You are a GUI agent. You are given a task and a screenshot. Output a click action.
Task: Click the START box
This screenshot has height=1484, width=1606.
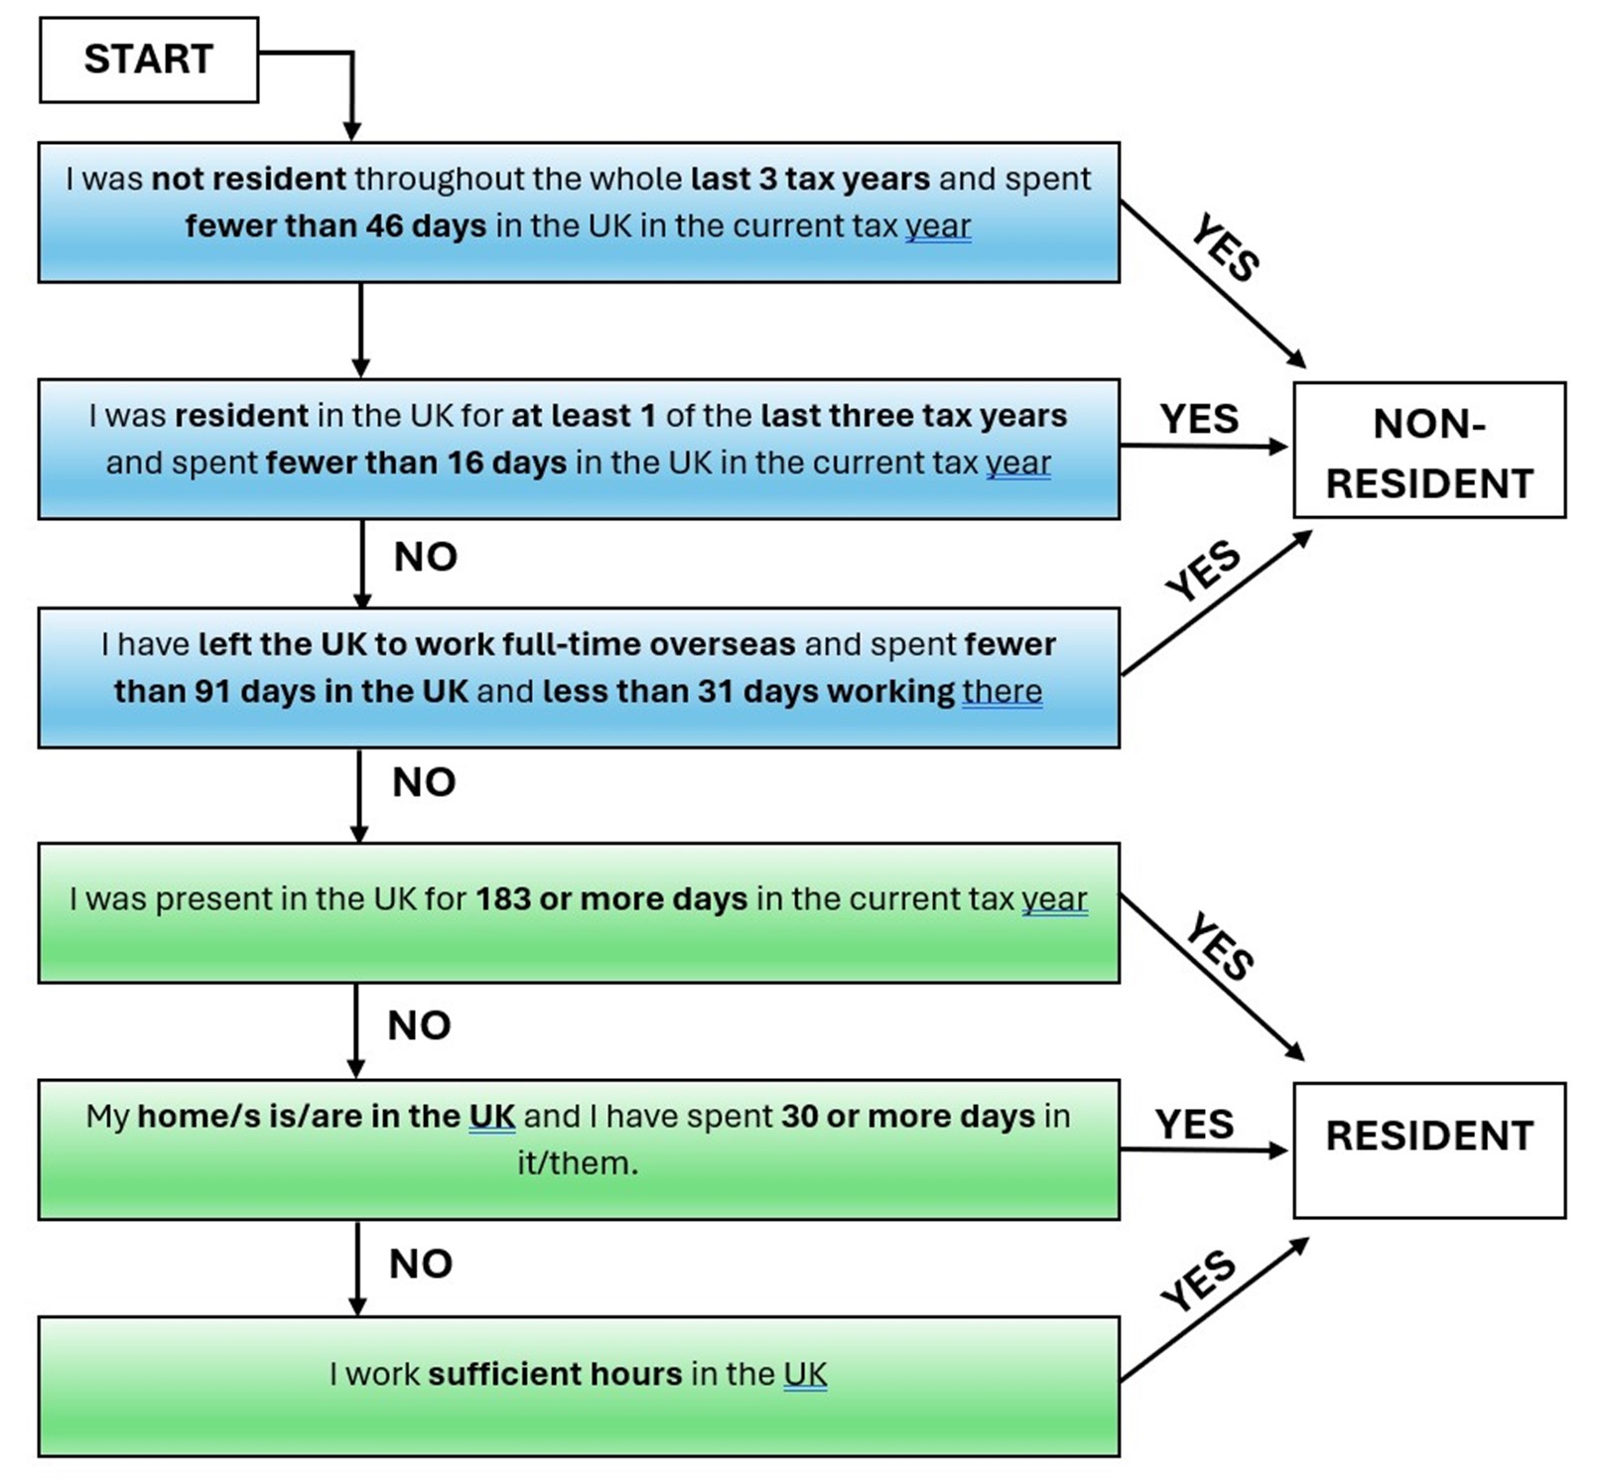149,60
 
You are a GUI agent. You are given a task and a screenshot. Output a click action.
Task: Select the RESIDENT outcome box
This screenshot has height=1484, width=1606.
1428,1149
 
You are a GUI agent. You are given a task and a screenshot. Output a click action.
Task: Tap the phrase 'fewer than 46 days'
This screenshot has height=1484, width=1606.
335,226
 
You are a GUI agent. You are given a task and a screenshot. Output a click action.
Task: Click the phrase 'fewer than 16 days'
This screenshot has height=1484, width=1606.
416,464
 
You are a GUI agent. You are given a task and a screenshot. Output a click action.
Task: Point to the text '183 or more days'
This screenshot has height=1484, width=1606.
610,899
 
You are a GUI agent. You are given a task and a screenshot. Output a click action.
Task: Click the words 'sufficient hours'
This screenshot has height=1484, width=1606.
555,1375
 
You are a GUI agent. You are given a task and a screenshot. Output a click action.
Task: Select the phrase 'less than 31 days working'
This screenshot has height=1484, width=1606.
748,692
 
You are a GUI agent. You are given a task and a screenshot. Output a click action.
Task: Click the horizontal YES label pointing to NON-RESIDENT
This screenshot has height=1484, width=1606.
1198,419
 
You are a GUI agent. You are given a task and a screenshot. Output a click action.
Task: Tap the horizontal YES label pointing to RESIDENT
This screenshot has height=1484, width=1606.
1194,1125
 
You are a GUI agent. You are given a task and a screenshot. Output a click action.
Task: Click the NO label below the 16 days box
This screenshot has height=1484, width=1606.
425,557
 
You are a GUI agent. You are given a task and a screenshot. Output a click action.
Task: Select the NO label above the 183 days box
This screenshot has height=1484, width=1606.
424,782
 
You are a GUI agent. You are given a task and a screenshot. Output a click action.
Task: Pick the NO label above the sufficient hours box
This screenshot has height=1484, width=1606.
421,1264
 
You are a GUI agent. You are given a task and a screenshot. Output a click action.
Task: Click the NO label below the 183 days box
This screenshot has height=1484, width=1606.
419,1025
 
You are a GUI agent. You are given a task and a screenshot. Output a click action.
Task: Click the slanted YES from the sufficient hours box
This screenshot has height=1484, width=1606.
1199,1281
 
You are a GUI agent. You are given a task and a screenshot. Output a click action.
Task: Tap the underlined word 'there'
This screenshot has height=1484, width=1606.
1002,692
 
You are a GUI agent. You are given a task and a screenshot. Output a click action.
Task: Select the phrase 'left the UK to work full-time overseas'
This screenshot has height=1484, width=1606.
496,645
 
